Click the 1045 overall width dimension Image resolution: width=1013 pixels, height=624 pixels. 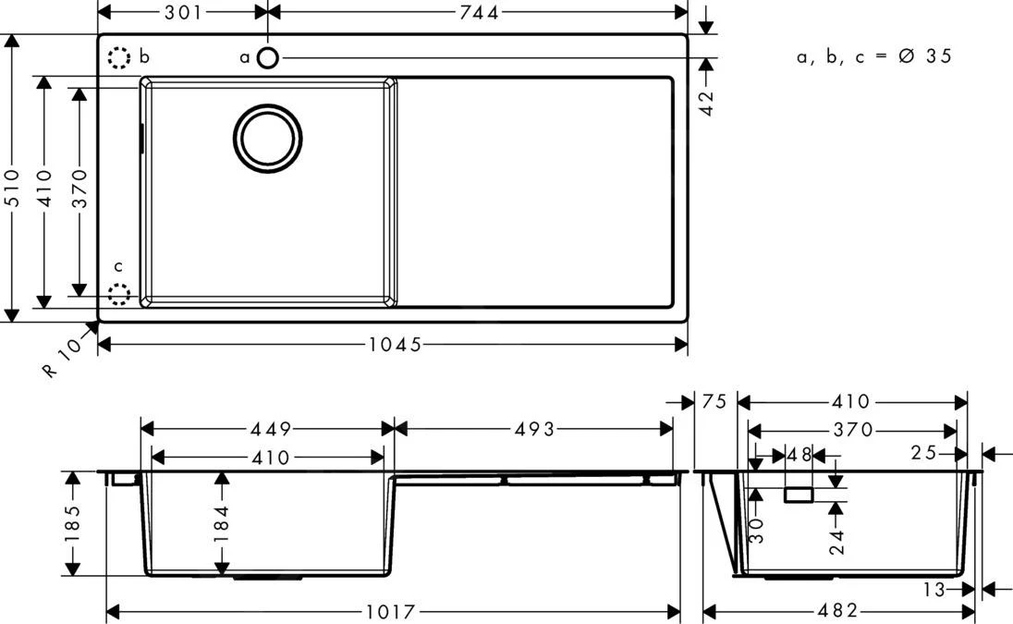tap(395, 345)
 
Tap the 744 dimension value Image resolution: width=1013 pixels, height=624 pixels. tap(479, 12)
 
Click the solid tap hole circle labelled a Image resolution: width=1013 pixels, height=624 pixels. tap(267, 58)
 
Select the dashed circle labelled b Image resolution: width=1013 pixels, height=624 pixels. tap(118, 58)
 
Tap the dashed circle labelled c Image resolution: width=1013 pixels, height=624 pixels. tap(118, 295)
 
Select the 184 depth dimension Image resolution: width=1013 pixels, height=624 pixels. tap(221, 523)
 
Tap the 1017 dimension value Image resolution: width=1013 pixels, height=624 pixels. tap(394, 612)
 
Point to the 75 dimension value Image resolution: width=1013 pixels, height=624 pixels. tap(714, 401)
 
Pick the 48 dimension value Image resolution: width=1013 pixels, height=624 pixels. tap(799, 455)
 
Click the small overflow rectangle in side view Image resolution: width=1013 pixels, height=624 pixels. tap(799, 496)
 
